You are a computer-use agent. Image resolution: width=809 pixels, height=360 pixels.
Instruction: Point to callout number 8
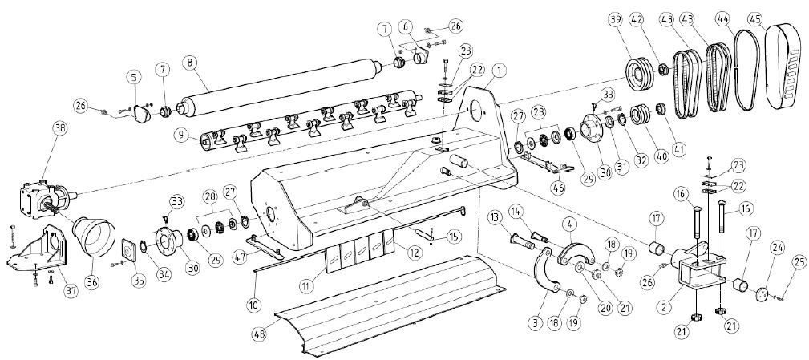(x=190, y=63)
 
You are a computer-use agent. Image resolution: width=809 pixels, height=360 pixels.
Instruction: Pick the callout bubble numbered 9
(x=181, y=136)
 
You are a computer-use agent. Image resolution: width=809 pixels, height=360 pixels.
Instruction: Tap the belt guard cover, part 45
(x=783, y=68)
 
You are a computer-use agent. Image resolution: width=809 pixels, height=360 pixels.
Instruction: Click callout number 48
(x=261, y=334)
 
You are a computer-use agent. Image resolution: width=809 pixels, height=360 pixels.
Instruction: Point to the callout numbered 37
(x=71, y=291)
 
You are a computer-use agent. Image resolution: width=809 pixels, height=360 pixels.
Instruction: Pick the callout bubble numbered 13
(x=496, y=216)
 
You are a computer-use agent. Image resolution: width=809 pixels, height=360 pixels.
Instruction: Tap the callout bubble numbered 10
(x=253, y=305)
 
